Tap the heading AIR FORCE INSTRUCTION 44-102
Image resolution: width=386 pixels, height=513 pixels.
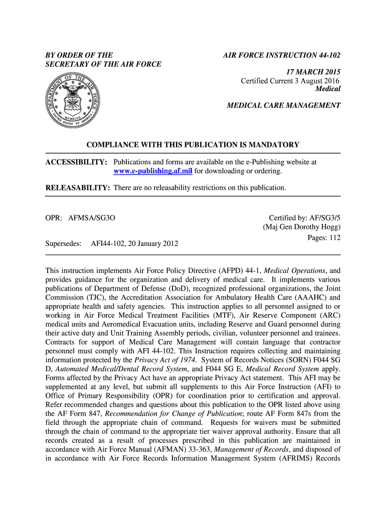(x=282, y=55)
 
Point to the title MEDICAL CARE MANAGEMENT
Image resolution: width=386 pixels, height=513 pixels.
(x=284, y=106)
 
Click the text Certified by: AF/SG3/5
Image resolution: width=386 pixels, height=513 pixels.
(x=305, y=218)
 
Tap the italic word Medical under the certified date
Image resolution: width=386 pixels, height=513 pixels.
(x=327, y=89)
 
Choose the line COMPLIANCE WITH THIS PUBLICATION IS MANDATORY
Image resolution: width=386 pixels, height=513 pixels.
(x=192, y=145)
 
